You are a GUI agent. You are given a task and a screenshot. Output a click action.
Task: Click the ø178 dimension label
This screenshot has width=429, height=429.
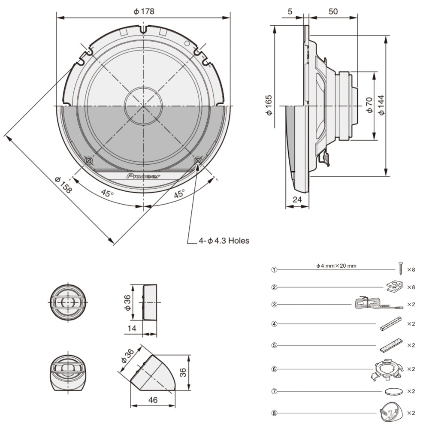[x=144, y=12]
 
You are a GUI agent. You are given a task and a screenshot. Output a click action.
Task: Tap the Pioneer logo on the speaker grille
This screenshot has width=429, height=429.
[x=143, y=176]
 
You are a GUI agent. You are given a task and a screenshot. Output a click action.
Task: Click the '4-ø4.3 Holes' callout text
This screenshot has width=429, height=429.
[x=224, y=241]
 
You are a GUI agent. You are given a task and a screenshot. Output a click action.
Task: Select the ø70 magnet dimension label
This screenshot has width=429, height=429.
[x=369, y=105]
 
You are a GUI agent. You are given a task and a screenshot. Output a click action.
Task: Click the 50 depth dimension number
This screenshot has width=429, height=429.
[x=333, y=12]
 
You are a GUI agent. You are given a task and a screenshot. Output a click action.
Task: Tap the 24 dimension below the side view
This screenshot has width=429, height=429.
[x=297, y=199]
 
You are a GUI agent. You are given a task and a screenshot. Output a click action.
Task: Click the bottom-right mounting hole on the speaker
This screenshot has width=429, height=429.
[x=198, y=160]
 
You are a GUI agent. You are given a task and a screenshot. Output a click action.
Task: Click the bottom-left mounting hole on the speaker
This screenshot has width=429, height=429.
[x=89, y=160]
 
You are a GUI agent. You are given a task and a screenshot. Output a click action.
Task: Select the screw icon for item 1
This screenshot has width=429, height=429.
[x=400, y=269]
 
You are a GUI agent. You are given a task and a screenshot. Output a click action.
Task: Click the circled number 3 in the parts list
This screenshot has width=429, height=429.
[x=274, y=305]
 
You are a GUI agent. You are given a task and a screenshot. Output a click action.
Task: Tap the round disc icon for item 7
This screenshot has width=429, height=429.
[x=394, y=391]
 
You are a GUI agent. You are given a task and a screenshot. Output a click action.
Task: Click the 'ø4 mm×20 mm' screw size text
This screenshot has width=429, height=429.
[x=336, y=266]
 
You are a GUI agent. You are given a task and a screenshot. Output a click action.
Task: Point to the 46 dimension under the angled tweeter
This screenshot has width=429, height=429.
[x=153, y=400]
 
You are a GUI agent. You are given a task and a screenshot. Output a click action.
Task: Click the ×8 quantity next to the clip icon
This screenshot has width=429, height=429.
[x=411, y=287]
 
